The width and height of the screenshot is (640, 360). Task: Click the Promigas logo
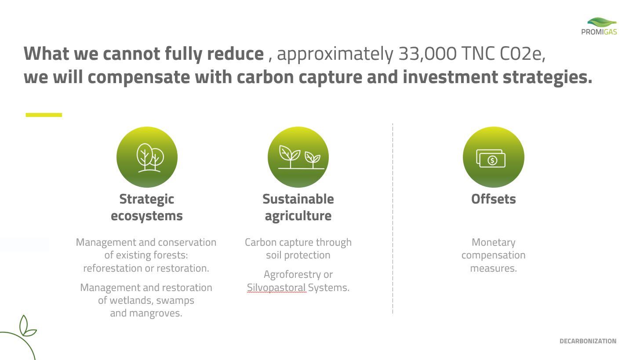point(599,26)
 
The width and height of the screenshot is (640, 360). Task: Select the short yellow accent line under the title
point(44,115)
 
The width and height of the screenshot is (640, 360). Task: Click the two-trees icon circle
point(147,157)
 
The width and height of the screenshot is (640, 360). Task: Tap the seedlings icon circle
point(298,157)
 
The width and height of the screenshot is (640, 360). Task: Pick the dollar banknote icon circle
point(494,157)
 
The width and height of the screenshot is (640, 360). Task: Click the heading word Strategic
point(146,199)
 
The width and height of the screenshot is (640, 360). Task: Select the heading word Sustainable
point(298,199)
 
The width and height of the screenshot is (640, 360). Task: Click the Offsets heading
point(494,199)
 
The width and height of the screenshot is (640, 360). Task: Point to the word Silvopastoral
point(276,287)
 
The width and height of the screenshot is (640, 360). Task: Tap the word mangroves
point(156,313)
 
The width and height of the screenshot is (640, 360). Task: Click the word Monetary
point(494,243)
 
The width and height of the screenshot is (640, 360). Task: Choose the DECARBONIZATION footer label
point(588,341)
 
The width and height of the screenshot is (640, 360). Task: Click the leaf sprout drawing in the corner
point(26,326)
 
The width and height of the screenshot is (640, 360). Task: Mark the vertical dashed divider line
point(393,218)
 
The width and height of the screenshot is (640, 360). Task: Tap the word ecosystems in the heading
point(146,216)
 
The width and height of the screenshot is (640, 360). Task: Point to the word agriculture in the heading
point(298,216)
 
